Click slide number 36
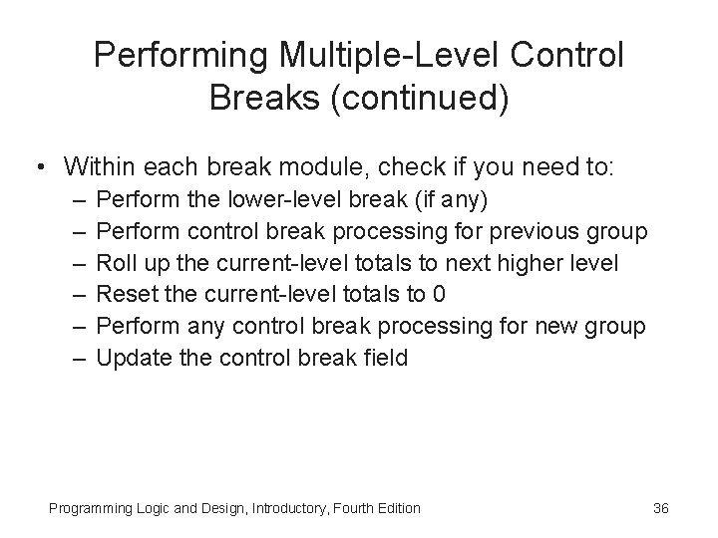pos(660,508)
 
